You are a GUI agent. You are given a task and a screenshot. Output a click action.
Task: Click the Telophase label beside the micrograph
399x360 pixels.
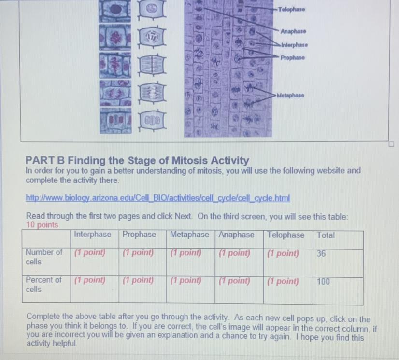pyautogui.click(x=291, y=9)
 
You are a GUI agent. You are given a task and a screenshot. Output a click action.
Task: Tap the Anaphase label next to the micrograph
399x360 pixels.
pyautogui.click(x=293, y=31)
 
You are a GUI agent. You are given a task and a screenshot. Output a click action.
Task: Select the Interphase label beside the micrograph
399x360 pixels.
pyautogui.click(x=294, y=45)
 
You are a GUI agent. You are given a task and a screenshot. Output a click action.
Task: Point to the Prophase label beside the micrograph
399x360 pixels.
pyautogui.click(x=292, y=58)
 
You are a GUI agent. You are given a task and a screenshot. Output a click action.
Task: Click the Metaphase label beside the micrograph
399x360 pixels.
pyautogui.click(x=290, y=96)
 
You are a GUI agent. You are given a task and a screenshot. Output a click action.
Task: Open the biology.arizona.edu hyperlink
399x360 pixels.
pyautogui.click(x=158, y=198)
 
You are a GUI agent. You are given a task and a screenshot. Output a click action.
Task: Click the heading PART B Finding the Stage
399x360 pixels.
pyautogui.click(x=137, y=160)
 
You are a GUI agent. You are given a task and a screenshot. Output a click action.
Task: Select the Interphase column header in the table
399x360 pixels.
pyautogui.click(x=93, y=234)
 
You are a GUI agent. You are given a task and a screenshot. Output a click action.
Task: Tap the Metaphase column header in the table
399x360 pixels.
pyautogui.click(x=189, y=235)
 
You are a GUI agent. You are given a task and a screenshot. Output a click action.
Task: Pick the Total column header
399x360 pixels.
pyautogui.click(x=326, y=235)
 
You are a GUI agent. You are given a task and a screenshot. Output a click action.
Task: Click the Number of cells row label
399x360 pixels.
pyautogui.click(x=44, y=257)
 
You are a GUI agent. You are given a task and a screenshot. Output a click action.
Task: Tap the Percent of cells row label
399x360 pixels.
pyautogui.click(x=43, y=285)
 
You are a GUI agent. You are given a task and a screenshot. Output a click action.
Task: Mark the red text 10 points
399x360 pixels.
pyautogui.click(x=42, y=225)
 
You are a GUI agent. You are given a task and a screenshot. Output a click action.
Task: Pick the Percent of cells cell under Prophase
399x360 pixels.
pyautogui.click(x=143, y=289)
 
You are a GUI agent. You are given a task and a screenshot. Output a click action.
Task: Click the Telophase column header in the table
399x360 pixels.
pyautogui.click(x=285, y=235)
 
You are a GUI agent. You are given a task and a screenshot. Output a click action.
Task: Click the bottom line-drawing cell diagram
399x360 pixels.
pyautogui.click(x=152, y=120)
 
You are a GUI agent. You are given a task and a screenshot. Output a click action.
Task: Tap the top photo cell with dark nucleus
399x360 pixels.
pyautogui.click(x=115, y=10)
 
